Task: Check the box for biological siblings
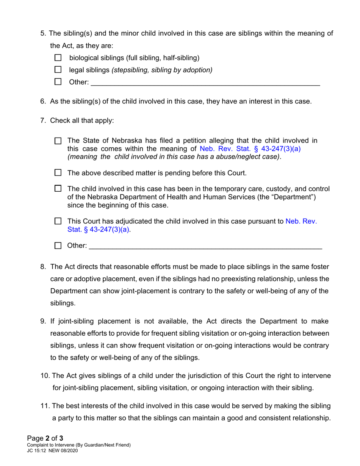[x=58, y=58]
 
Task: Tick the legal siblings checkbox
[x=58, y=70]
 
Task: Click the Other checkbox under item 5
[x=58, y=81]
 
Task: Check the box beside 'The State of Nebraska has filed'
[x=58, y=141]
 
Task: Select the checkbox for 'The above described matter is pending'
[x=58, y=173]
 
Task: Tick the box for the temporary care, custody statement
[x=58, y=189]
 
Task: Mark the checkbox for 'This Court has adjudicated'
[x=58, y=221]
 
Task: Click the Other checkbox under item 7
[x=58, y=246]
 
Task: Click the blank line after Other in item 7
[x=205, y=247]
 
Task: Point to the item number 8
[x=43, y=267]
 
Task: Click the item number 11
[x=45, y=406]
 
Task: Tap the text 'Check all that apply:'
[x=82, y=120]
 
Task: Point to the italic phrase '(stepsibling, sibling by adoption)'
[x=162, y=70]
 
